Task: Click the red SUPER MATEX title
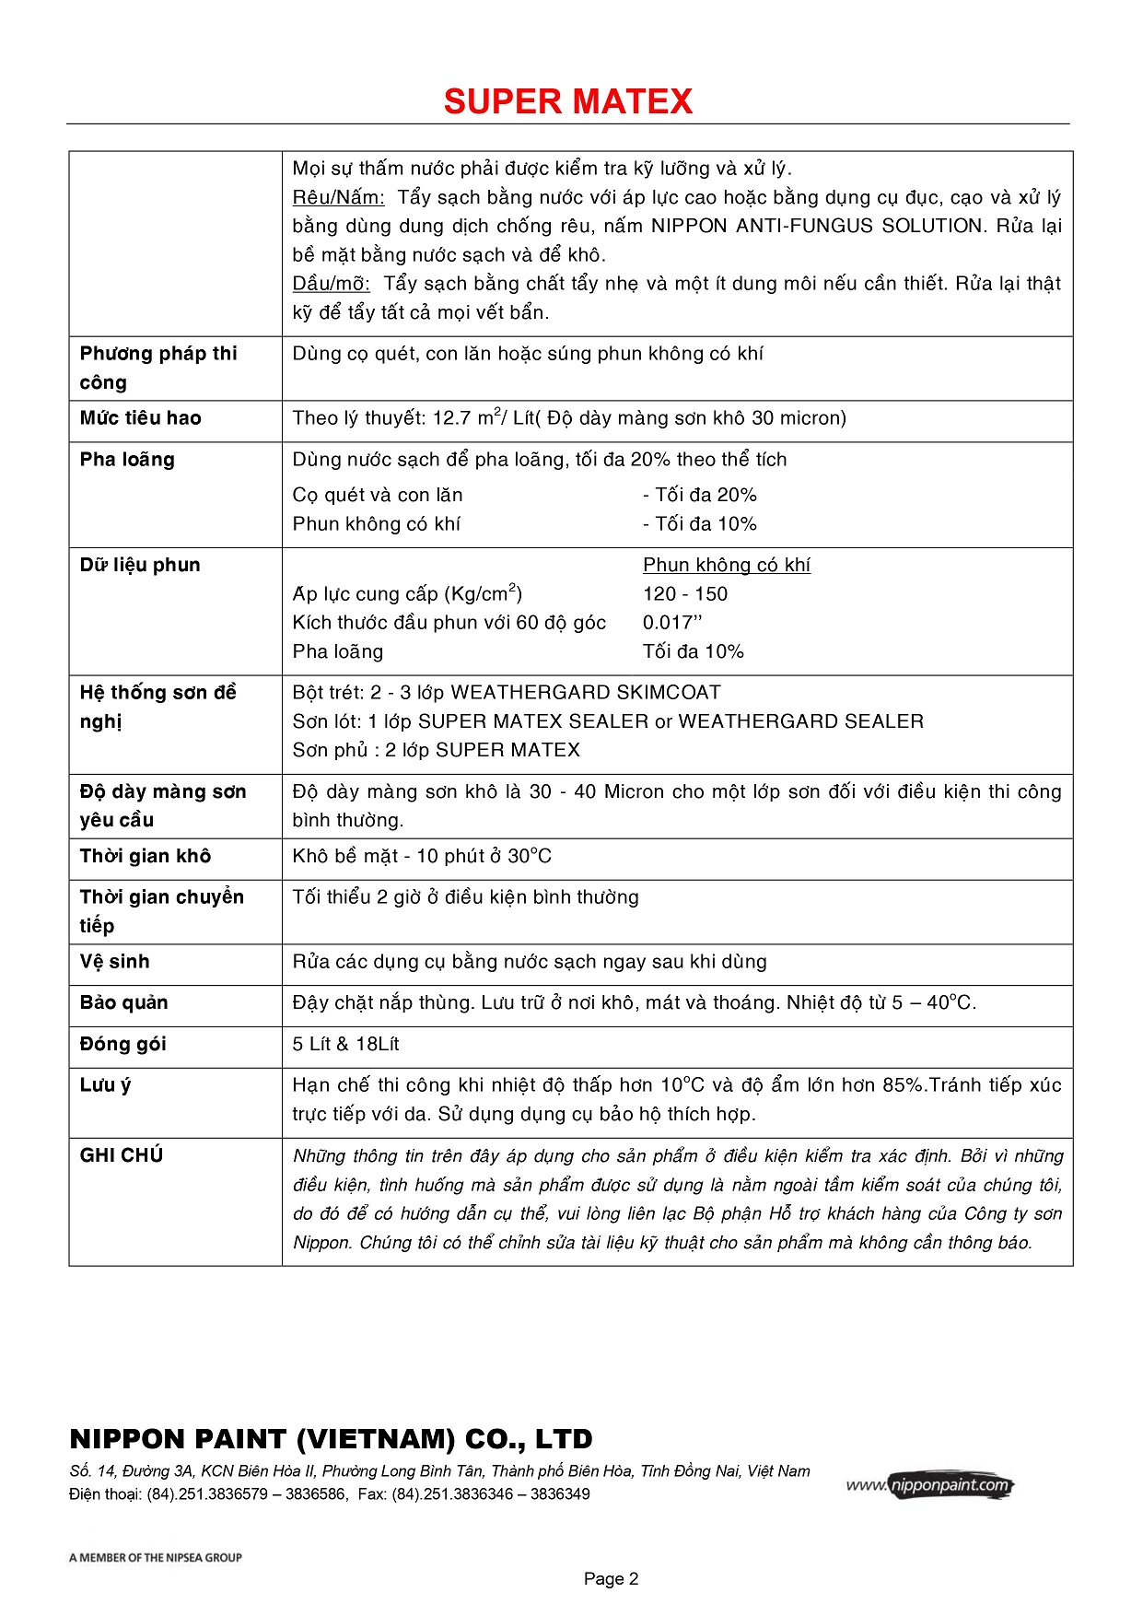pos(567,101)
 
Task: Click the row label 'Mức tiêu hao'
pos(140,418)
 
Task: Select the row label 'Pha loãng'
pos(127,460)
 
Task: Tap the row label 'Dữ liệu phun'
pos(140,565)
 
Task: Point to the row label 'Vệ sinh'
pos(114,962)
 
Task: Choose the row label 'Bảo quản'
pos(123,1003)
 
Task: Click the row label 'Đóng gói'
pos(122,1045)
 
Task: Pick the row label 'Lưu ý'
pos(105,1085)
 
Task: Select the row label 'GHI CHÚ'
pos(121,1155)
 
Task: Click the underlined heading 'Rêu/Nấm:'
pos(338,197)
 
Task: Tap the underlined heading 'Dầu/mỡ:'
pos(331,284)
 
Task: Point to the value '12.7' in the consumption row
pos(451,418)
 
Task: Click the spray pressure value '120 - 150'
pos(685,594)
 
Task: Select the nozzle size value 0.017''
pos(672,623)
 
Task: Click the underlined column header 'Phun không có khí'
pos(726,565)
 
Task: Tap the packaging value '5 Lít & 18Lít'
pos(345,1045)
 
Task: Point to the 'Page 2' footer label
pos(611,1579)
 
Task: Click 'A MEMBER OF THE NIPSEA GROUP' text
pos(155,1558)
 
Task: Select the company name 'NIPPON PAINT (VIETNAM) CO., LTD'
pos(331,1439)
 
